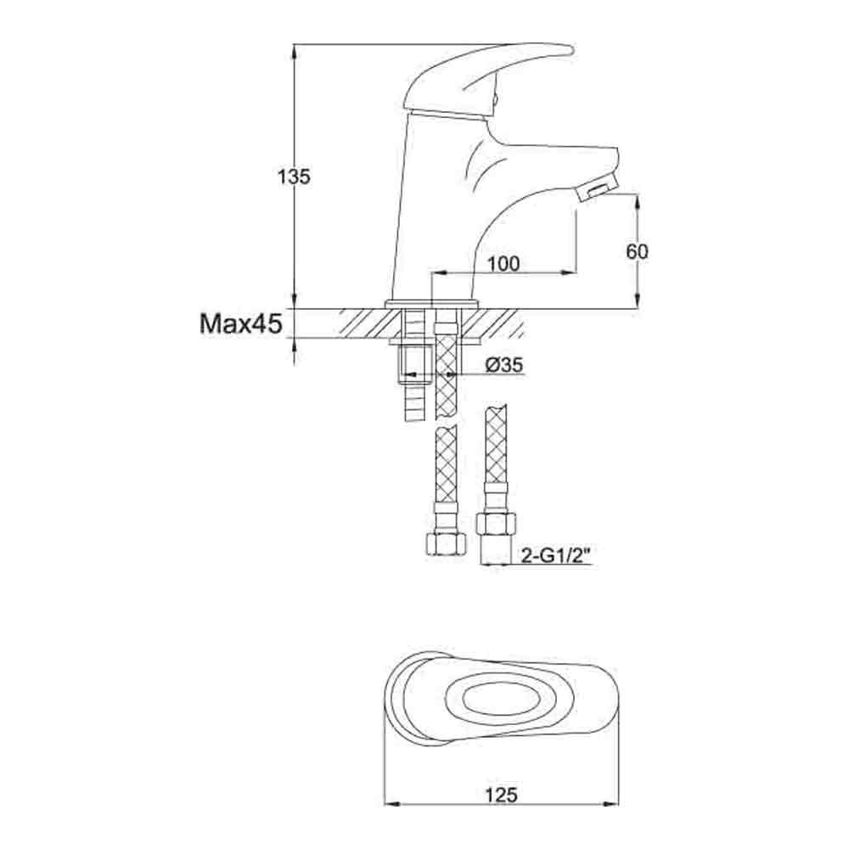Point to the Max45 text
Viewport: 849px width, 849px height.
click(240, 323)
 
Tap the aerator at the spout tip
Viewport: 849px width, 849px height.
click(598, 188)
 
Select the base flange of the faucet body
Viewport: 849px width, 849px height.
click(432, 304)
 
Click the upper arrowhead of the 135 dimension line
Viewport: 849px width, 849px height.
click(294, 51)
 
